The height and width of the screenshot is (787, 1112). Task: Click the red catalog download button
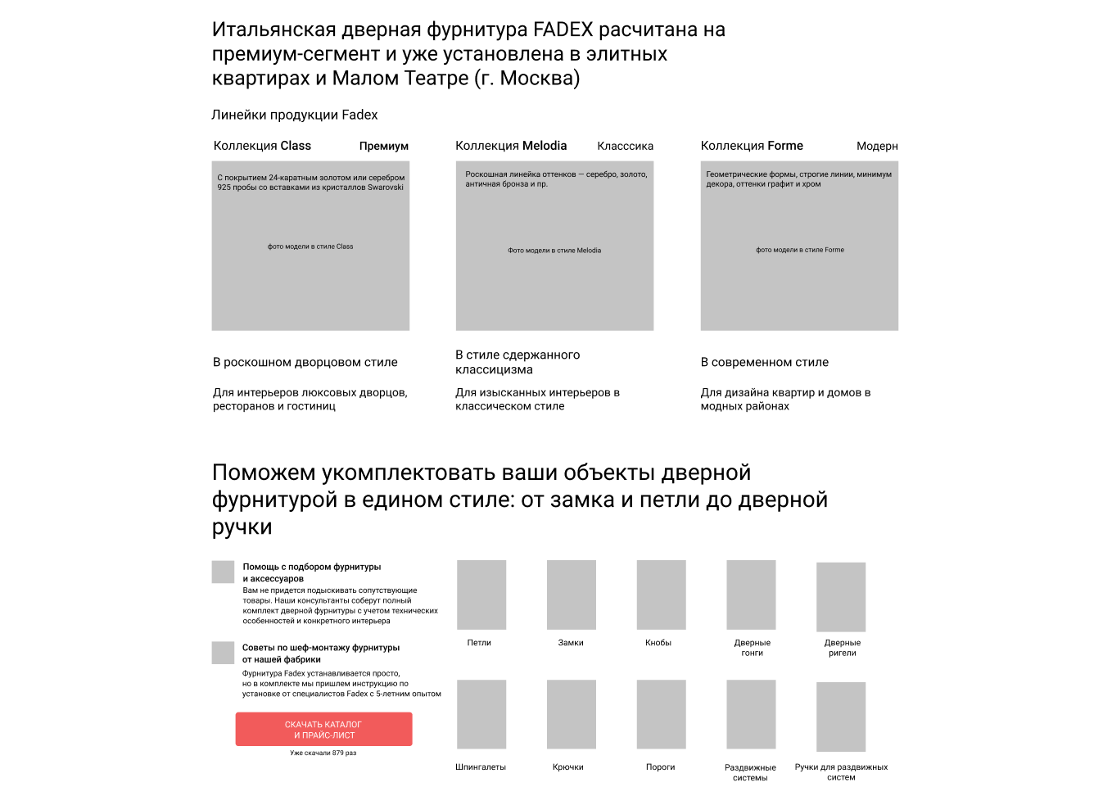[x=323, y=729]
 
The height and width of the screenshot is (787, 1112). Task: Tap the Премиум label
[x=383, y=146]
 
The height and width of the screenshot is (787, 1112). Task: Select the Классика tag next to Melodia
[x=625, y=146]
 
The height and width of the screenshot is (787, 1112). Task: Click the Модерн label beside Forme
[x=877, y=146]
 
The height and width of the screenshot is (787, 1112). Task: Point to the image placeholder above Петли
[x=481, y=595]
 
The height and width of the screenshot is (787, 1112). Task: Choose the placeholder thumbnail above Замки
[x=572, y=595]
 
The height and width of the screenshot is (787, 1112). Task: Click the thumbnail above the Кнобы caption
[x=661, y=595]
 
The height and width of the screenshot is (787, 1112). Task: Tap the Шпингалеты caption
[x=481, y=767]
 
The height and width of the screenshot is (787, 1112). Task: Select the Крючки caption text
[x=568, y=767]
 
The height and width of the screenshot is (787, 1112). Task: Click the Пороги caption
[x=660, y=767]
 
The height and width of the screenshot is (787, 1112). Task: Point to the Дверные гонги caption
[x=752, y=648]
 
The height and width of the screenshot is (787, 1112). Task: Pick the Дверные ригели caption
[x=842, y=648]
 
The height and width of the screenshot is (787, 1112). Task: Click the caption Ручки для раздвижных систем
[x=841, y=772]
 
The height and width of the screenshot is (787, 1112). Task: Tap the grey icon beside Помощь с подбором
[x=223, y=572]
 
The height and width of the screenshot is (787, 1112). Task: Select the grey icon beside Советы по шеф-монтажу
[x=223, y=653]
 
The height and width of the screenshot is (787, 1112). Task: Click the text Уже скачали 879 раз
[x=323, y=753]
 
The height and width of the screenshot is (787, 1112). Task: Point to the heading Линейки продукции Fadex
[x=295, y=115]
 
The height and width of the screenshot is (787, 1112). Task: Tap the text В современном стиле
[x=764, y=362]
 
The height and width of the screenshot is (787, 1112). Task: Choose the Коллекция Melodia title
[x=511, y=146]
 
